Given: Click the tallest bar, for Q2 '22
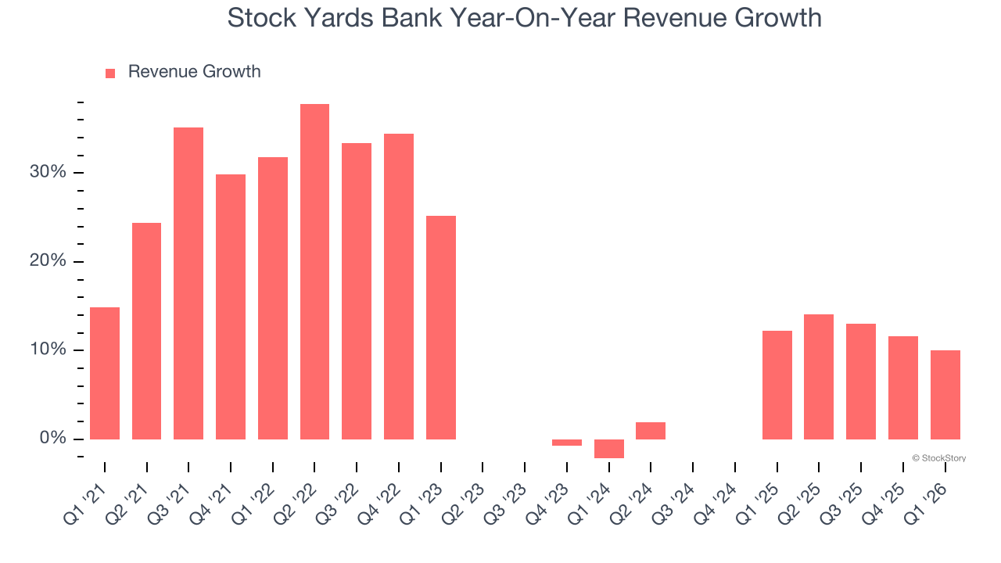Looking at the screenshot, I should pos(314,271).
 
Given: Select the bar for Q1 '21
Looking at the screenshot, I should pos(105,373).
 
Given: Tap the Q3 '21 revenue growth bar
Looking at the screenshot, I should pos(188,283).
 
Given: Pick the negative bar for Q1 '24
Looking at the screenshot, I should pos(609,448).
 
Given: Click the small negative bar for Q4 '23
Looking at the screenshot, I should pos(567,443).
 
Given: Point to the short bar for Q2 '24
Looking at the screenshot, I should pos(651,431).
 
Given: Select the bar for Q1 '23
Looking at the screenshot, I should pos(441,327).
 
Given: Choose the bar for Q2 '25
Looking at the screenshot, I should pos(819,377).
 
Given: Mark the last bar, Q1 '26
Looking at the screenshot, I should pos(945,395).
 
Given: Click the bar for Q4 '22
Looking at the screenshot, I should pos(399,286).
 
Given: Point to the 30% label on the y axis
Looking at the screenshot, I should pos(49,172).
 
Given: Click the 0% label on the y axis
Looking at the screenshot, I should pos(54,439).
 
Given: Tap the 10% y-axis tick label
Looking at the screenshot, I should pos(49,350).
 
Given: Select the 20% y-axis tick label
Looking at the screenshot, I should pos(49,261).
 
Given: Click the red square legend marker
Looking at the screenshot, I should pos(110,73).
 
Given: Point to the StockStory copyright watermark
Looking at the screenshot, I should pos(938,458).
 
